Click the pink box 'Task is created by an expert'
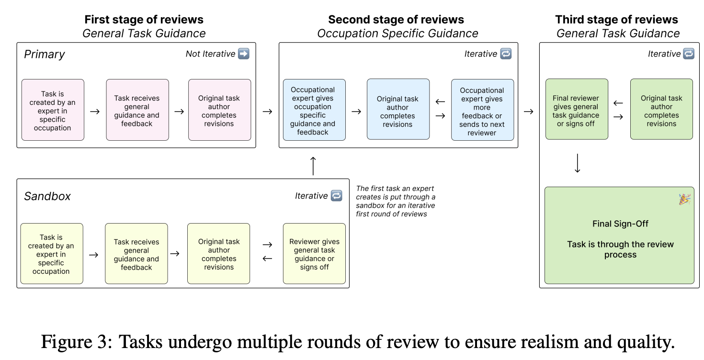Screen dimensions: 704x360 pos(53,110)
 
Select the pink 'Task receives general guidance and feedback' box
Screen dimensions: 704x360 pos(137,110)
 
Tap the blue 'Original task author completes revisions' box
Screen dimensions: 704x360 pos(398,109)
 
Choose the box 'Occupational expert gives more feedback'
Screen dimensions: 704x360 pos(482,110)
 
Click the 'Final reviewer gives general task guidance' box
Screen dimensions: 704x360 pos(577,109)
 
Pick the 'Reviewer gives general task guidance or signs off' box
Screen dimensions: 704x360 pos(314,254)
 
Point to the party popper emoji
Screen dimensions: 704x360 pos(684,199)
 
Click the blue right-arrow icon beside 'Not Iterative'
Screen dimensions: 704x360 pos(244,54)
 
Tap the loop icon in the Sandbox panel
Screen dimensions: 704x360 pos(336,196)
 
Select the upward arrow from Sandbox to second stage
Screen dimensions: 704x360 pos(313,166)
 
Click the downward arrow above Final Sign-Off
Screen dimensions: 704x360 pos(578,163)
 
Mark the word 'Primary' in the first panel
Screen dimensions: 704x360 pos(45,55)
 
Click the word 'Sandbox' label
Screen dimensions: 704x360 pos(47,196)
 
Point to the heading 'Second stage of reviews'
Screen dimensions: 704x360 pos(396,20)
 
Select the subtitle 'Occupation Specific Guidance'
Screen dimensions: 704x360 pos(397,34)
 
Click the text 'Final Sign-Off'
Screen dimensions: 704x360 pos(620,224)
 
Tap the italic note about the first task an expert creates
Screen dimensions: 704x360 pos(396,201)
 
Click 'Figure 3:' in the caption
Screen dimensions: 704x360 pos(77,341)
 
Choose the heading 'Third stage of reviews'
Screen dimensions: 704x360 pos(617,20)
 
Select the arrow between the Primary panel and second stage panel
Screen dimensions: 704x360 pos(267,112)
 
